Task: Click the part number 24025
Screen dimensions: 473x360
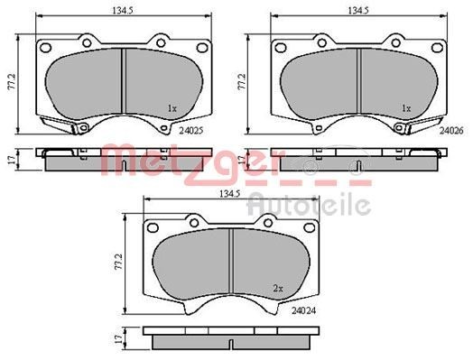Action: [x=191, y=131]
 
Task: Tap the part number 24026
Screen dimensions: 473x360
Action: [x=451, y=131]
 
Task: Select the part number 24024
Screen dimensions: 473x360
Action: [x=304, y=310]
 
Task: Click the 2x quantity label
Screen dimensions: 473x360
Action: [x=278, y=289]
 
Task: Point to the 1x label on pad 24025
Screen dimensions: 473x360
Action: [x=172, y=108]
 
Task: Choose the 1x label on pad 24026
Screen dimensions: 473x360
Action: [x=406, y=108]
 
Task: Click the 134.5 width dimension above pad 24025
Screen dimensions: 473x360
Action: [x=123, y=11]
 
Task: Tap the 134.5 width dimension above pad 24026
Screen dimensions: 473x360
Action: [x=358, y=11]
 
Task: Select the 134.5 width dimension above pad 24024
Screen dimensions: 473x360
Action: [x=229, y=194]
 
